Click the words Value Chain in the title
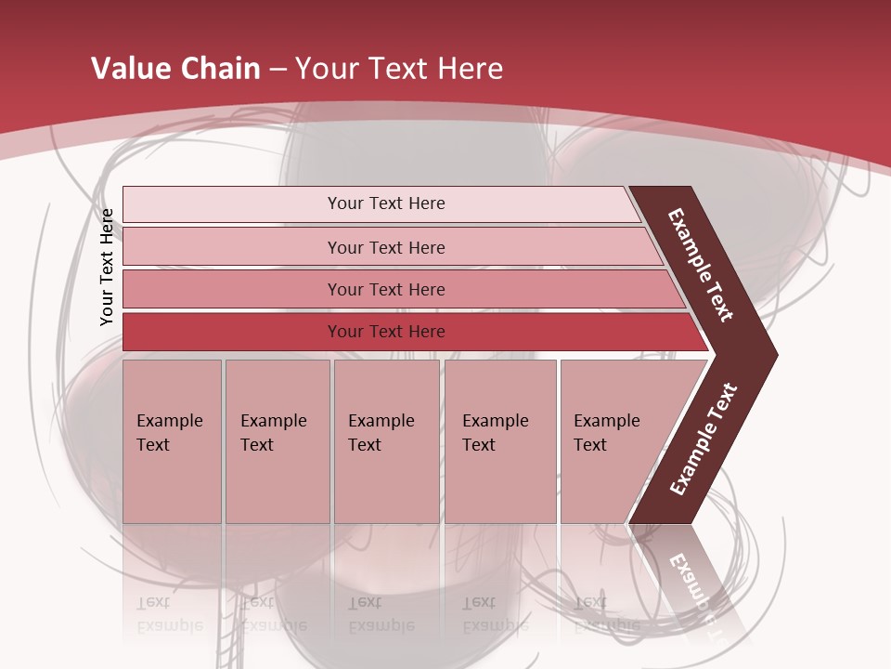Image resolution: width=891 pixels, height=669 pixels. pos(175,68)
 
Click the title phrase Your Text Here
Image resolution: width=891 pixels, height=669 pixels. pos(399,68)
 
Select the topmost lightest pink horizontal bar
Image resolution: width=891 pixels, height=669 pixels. pos(232,204)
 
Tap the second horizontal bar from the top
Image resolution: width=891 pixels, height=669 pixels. pos(232,247)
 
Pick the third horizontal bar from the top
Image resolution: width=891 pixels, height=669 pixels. pos(232,289)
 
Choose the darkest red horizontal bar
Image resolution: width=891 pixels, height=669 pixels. pos(232,332)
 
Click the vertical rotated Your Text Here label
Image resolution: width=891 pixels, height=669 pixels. pos(107,267)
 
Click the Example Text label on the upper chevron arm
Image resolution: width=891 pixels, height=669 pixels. pos(701,265)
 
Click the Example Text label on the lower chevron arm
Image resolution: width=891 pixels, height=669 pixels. pos(704,439)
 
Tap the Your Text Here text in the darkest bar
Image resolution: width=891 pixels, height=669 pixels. pos(386,332)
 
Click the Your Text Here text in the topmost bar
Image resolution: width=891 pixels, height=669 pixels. pos(386,203)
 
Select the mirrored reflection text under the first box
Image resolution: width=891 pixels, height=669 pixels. pos(169,614)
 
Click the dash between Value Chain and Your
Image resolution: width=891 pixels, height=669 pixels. pos(278,70)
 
